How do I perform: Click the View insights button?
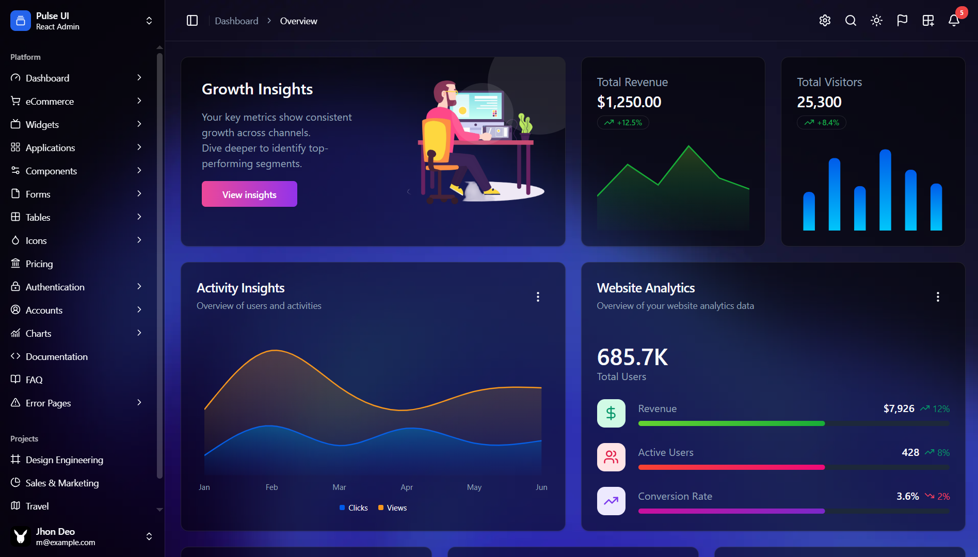[249, 194]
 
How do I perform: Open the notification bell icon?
[954, 21]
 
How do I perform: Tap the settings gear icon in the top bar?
[825, 21]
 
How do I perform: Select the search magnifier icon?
[851, 21]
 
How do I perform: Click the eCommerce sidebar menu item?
[50, 101]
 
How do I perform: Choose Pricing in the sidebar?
[39, 264]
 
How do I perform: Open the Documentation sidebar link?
[56, 356]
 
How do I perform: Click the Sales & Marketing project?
[62, 483]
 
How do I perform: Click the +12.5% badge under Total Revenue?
[623, 123]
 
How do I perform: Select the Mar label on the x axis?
[339, 487]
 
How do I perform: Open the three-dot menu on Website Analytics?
[938, 297]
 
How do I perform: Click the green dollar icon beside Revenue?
[611, 413]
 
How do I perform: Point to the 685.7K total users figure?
[632, 357]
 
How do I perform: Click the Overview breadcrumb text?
[298, 21]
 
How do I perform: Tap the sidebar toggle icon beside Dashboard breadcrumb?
[192, 21]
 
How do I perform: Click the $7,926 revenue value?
[899, 408]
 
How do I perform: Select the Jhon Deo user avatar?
[21, 536]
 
